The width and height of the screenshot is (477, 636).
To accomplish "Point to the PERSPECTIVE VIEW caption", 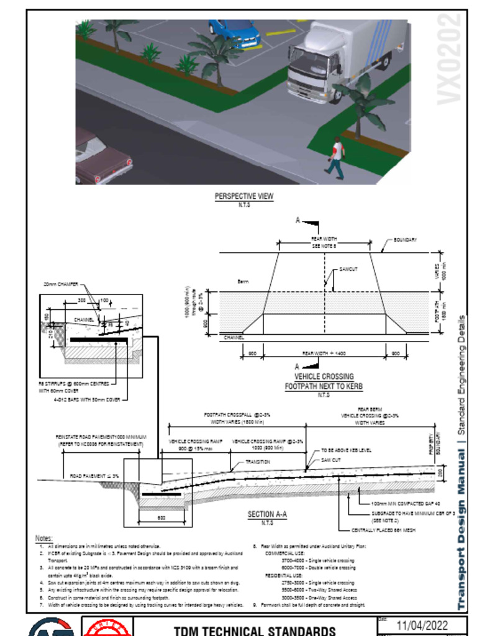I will [244, 196].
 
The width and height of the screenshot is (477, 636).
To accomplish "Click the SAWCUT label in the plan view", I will [348, 270].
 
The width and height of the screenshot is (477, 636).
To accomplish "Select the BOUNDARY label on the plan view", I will [405, 240].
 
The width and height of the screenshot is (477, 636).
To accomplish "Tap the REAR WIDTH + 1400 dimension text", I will [324, 353].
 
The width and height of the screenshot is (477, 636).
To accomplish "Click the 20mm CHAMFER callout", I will [61, 284].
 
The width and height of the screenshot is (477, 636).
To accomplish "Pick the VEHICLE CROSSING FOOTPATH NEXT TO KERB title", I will [324, 381].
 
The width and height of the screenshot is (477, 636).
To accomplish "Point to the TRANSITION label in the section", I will [258, 462].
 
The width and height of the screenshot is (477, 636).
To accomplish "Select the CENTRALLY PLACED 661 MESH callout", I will [383, 530].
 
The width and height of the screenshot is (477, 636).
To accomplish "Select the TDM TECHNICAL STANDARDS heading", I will [255, 630].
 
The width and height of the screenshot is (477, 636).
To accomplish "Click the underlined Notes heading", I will [44, 538].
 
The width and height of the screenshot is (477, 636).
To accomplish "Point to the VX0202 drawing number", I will [450, 60].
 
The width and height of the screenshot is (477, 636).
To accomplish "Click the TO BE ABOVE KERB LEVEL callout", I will [346, 450].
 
